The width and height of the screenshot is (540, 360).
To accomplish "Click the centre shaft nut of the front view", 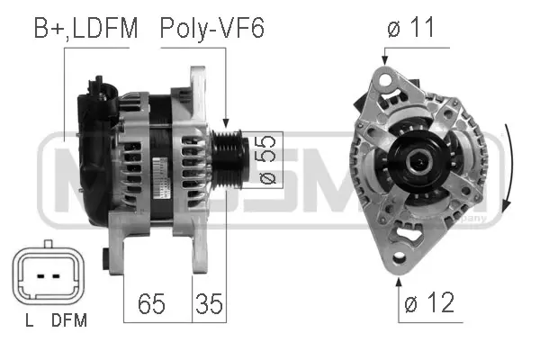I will tap(420, 163).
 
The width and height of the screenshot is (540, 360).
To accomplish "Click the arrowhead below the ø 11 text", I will tap(384, 58).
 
